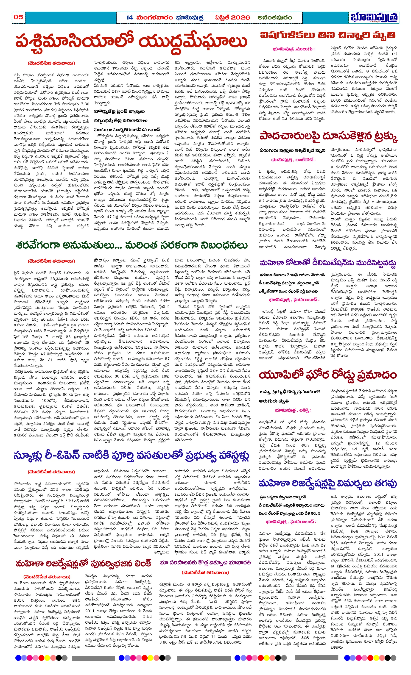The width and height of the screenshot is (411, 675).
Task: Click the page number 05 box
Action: [x=18, y=17]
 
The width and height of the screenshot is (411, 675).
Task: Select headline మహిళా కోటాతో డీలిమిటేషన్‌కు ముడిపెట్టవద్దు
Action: [x=328, y=263]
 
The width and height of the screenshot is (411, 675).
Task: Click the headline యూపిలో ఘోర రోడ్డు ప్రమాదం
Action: [x=328, y=375]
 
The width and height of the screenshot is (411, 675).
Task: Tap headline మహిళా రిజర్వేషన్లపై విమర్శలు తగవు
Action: [x=328, y=483]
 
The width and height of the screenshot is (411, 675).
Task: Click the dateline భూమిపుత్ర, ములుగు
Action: [x=293, y=49]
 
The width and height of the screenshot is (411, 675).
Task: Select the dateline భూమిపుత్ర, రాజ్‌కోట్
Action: [x=293, y=160]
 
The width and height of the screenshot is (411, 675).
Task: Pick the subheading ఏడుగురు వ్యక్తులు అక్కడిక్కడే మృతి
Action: [x=293, y=150]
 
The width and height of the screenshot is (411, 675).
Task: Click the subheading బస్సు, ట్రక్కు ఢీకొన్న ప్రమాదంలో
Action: [x=290, y=392]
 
